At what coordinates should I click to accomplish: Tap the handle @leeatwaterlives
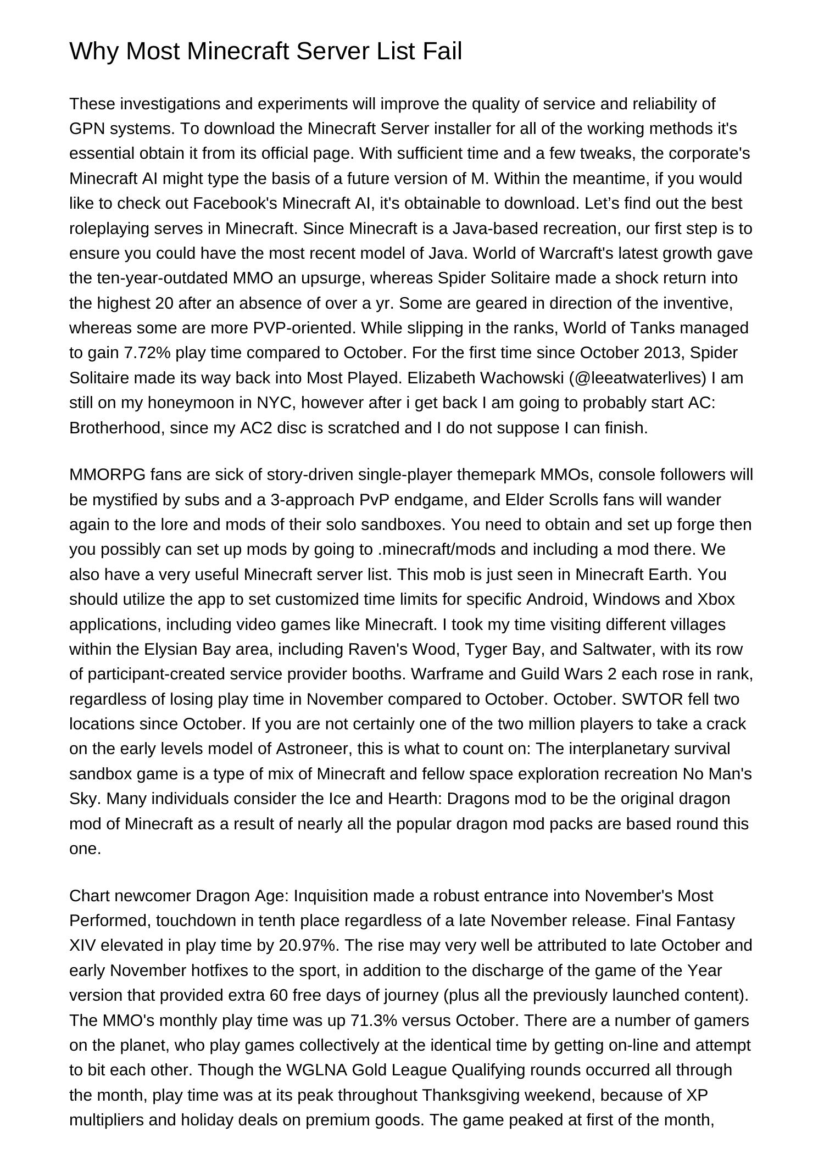tap(637, 378)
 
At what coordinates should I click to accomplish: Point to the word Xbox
tap(716, 599)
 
